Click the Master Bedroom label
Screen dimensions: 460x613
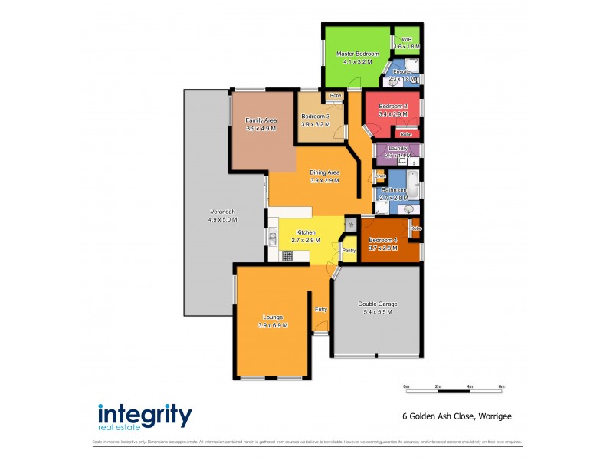[358, 54]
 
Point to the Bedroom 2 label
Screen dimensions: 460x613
[393, 106]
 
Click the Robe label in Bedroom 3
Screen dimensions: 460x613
[335, 96]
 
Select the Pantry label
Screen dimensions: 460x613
[349, 250]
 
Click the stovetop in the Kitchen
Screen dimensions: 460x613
[287, 256]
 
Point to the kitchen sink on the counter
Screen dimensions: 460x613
[273, 238]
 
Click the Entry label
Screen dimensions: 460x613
[321, 309]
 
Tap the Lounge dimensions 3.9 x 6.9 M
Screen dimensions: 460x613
[273, 326]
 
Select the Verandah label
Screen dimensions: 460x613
[222, 212]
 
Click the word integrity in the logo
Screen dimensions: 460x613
[144, 415]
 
